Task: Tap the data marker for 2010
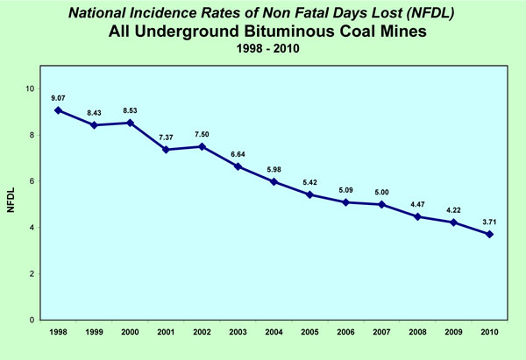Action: tap(490, 234)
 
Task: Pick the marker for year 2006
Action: tap(346, 202)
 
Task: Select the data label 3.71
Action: tap(490, 221)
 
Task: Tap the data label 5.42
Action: tap(310, 181)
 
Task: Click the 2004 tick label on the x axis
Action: tap(274, 334)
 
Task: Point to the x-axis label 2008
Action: tap(418, 334)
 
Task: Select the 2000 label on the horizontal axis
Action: tap(130, 334)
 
